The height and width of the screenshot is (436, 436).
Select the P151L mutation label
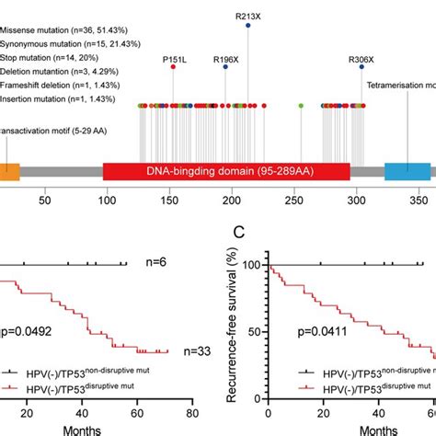[175, 61]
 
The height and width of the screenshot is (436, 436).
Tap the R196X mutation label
[226, 61]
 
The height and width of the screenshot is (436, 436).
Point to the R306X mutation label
[361, 61]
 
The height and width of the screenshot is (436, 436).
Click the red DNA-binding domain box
[226, 171]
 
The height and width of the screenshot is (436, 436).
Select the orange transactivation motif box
[9, 171]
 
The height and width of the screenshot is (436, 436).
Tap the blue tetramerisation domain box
[407, 171]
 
